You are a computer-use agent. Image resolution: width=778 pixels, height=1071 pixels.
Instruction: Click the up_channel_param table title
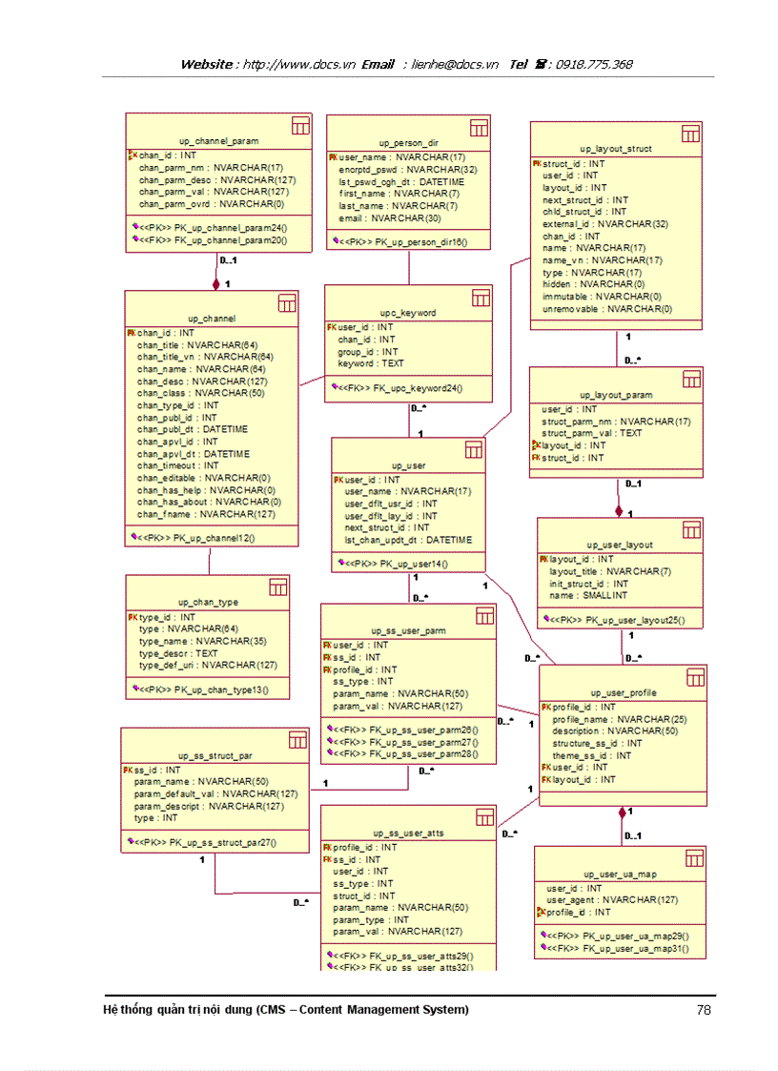click(218, 141)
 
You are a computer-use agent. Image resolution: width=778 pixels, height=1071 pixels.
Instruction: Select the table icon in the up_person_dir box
click(479, 127)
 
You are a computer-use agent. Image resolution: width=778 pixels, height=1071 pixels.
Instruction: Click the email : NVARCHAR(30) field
click(376, 218)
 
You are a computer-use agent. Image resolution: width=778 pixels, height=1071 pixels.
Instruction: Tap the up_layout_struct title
click(616, 149)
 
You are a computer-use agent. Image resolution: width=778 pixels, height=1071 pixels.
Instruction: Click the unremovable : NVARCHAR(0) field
click(606, 309)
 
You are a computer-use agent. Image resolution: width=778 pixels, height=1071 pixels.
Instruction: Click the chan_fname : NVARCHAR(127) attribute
click(206, 514)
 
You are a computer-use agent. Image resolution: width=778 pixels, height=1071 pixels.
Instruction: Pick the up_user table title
click(409, 465)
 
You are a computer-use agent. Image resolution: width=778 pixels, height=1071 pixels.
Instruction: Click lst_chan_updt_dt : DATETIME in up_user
click(408, 540)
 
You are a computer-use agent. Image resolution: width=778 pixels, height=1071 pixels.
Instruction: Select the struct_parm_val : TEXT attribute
click(592, 433)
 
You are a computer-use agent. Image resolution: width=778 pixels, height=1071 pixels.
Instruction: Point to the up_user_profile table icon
click(695, 677)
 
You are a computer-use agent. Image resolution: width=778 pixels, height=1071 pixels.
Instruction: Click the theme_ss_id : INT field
click(591, 755)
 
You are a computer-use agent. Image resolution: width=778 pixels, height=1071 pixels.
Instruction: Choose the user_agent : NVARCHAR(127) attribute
click(612, 900)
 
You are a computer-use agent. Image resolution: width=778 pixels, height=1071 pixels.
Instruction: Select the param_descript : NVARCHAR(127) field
click(209, 806)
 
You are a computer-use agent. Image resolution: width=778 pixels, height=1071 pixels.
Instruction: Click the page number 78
click(705, 1010)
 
